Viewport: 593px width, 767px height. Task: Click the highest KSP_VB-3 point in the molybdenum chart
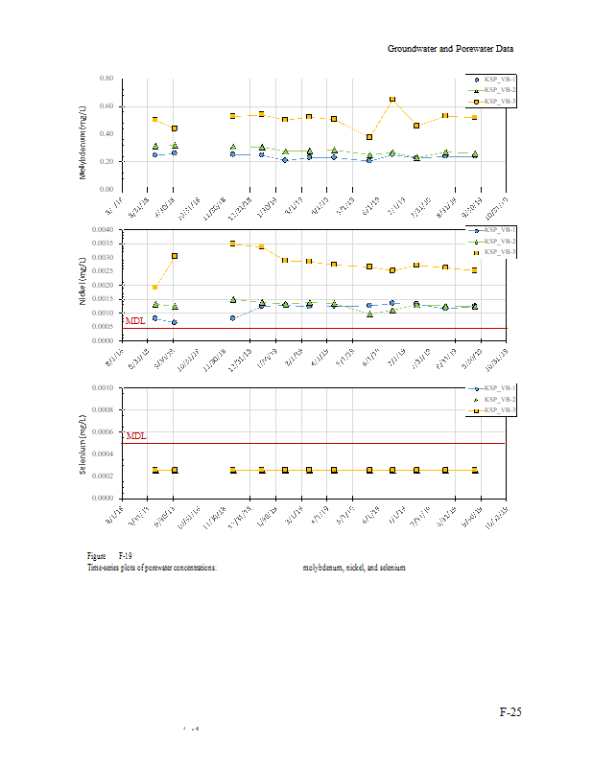click(x=392, y=99)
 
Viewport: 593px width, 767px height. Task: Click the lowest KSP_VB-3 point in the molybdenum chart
click(x=369, y=137)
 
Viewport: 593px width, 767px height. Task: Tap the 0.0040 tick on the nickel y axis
click(x=102, y=230)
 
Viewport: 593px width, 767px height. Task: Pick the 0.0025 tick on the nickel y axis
click(x=102, y=271)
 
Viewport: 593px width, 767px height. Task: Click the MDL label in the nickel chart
click(x=135, y=321)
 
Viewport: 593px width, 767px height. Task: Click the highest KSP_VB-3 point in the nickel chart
click(x=233, y=244)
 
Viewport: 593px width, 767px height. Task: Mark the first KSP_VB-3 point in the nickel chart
click(x=154, y=287)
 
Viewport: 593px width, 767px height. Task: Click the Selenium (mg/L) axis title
click(x=83, y=444)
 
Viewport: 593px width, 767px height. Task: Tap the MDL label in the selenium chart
click(x=136, y=436)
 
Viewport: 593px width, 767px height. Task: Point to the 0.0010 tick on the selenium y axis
click(x=102, y=388)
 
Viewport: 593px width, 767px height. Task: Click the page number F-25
click(x=510, y=712)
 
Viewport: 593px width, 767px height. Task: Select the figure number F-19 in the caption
click(x=126, y=556)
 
